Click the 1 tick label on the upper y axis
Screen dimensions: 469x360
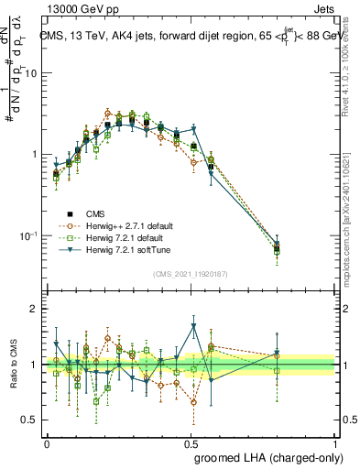click(34, 154)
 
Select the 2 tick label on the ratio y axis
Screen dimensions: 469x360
click(34, 310)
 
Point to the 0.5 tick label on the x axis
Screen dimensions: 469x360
click(191, 442)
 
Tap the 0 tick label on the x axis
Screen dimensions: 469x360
click(47, 442)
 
